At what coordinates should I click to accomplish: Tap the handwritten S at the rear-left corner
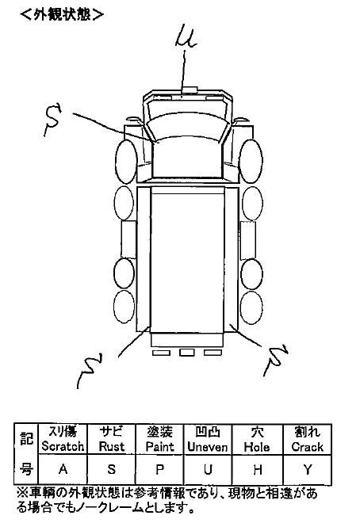pos(89,370)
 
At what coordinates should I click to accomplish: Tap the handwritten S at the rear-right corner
pos(276,360)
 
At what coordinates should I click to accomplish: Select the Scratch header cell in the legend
pos(63,439)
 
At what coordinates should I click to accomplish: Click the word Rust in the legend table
pos(112,447)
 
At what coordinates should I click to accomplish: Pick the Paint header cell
pos(160,439)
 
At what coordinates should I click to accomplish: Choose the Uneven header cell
pos(208,439)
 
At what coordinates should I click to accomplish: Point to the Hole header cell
pos(257,439)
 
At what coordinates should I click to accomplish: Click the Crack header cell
pos(308,439)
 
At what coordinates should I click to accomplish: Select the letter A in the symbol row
pos(63,469)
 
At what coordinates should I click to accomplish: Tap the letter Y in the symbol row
pos(308,470)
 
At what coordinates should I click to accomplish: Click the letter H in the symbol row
pos(257,470)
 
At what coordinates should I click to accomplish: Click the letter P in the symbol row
pos(160,470)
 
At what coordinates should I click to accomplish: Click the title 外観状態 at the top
pos(62,15)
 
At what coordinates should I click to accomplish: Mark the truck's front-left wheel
pos(126,162)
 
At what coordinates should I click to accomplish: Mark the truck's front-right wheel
pos(251,161)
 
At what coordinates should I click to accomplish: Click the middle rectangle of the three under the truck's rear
pos(187,353)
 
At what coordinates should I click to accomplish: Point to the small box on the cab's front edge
pos(190,90)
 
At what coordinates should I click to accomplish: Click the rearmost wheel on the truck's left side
pos(124,307)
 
